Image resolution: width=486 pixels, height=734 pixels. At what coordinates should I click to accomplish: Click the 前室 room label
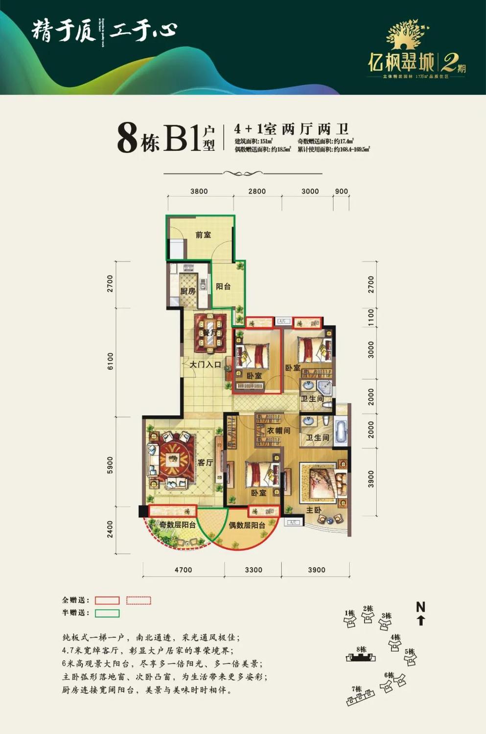203,235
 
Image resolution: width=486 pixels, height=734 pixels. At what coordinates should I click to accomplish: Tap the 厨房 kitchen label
187,291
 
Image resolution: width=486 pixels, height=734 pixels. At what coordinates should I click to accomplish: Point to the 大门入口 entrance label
205,365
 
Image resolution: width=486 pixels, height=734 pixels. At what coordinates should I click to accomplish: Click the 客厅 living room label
205,462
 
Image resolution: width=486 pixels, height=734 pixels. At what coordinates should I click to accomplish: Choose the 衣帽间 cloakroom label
278,431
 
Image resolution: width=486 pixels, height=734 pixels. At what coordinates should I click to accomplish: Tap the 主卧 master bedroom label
314,510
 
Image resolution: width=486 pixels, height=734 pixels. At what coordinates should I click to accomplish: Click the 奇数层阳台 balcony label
177,525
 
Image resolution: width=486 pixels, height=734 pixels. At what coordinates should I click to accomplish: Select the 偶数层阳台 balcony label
247,525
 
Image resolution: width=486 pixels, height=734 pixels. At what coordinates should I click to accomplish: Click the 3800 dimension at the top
199,191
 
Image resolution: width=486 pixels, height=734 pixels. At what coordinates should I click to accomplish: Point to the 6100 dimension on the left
110,361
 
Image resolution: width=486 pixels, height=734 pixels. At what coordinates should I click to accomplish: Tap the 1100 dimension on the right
371,318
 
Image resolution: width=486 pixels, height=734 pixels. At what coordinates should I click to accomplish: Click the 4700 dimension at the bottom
183,570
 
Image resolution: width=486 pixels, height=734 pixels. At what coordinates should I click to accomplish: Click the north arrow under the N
421,620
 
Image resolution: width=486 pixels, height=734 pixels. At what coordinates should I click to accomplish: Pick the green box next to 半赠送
107,613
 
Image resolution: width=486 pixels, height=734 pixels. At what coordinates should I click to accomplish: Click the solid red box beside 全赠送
107,600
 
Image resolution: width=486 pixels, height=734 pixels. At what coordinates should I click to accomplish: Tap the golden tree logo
405,35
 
